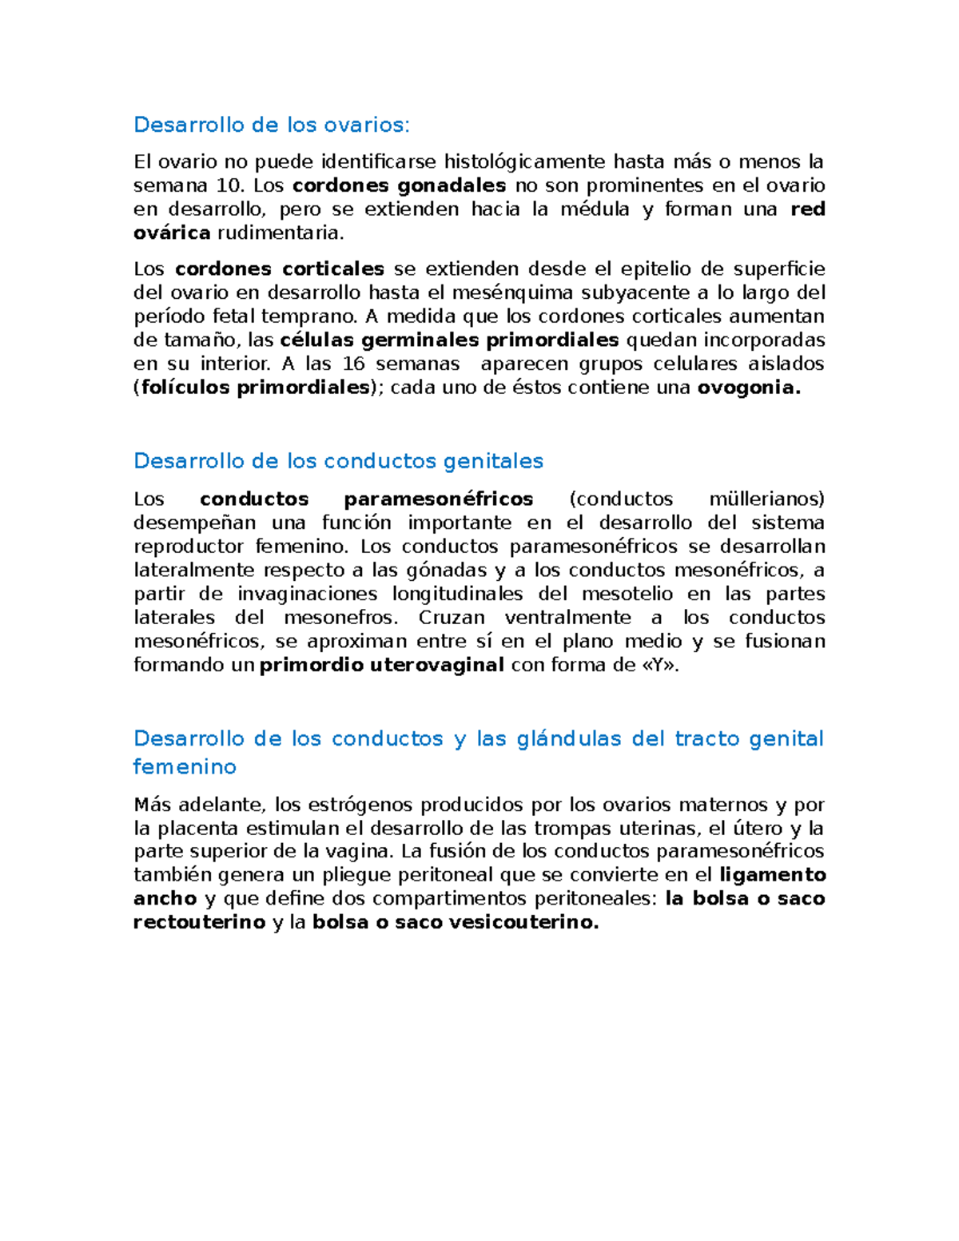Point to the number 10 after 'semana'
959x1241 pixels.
tap(229, 185)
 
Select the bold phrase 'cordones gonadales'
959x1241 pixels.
tap(400, 185)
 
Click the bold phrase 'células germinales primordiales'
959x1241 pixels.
tap(450, 340)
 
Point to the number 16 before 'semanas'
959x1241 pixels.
tap(353, 364)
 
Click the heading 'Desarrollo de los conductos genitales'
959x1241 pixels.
tap(338, 461)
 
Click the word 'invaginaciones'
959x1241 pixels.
tap(307, 594)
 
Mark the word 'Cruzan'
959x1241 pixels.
tap(452, 618)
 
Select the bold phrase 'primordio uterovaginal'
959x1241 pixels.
tap(382, 665)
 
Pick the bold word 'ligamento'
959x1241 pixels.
tap(773, 875)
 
